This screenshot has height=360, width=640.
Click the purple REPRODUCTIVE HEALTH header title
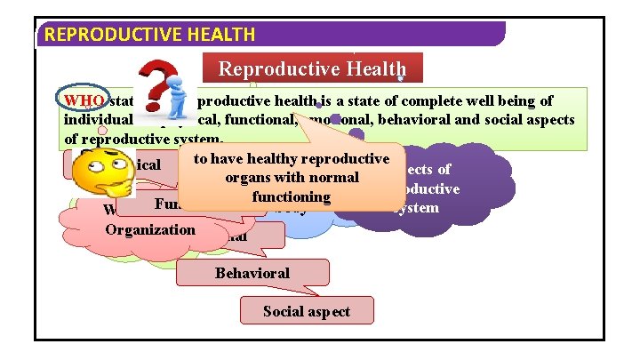149,35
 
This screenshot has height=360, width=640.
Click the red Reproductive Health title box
313,68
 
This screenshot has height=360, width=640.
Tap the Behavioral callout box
252,273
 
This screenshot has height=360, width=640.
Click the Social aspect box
307,310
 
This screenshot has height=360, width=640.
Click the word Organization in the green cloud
150,229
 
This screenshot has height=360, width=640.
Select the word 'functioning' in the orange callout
291,196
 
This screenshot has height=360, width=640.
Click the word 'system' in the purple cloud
415,207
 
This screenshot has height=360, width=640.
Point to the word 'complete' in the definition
390,100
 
